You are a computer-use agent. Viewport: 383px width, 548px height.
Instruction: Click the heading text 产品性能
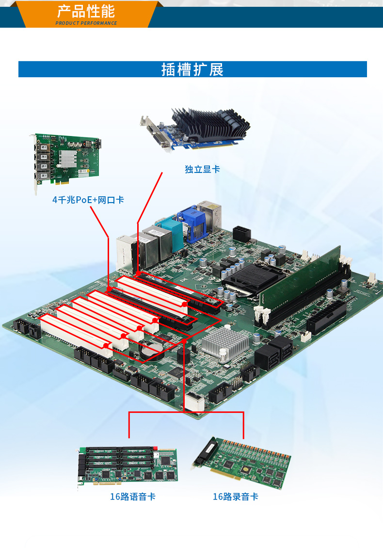86,11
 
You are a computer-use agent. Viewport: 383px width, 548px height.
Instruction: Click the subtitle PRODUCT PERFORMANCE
86,23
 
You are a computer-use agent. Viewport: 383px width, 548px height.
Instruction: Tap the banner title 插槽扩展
192,69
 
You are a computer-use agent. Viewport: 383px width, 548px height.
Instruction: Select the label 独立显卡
202,169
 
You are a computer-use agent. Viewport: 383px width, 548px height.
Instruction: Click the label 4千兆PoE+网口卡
88,200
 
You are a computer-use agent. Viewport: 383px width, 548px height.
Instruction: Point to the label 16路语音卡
133,497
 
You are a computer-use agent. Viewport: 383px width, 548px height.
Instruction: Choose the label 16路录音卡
236,497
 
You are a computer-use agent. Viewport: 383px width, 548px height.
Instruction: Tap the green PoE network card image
66,159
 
